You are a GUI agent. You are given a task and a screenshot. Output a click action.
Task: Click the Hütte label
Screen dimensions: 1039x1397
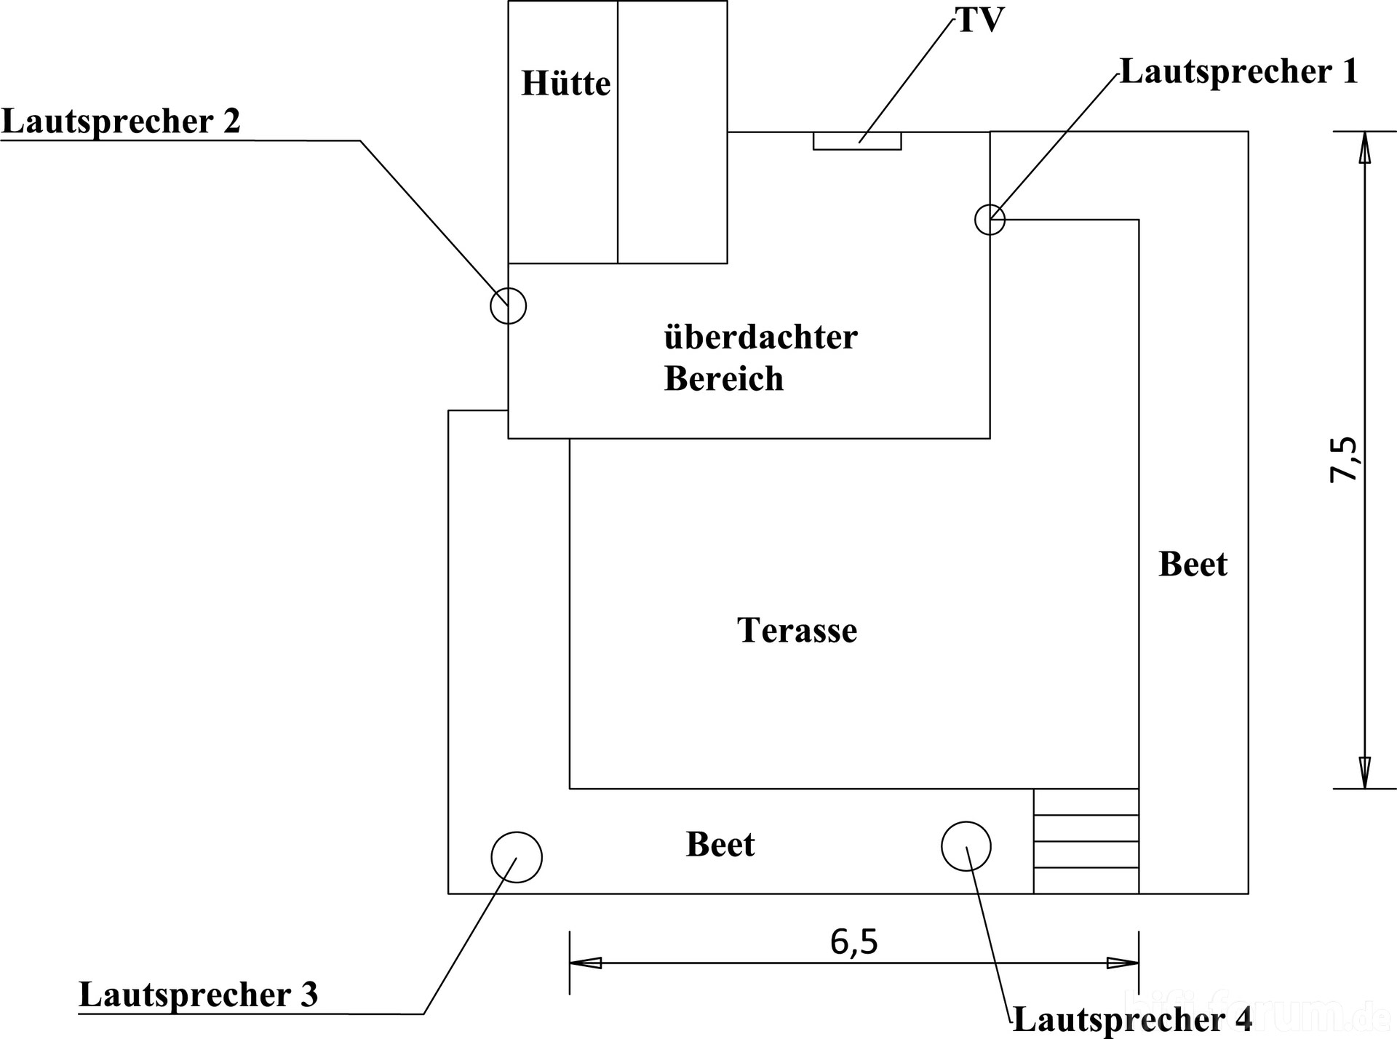pos(565,84)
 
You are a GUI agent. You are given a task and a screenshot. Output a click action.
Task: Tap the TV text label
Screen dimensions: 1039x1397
pos(979,20)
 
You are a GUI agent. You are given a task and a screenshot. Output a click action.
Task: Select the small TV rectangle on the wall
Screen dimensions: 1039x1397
pos(857,141)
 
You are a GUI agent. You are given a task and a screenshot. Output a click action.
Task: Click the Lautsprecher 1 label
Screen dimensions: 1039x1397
pos(1238,71)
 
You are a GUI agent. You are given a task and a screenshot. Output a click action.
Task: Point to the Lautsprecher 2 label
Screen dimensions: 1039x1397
pos(121,121)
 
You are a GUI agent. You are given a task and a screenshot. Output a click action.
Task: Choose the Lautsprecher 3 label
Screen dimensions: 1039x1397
pos(198,994)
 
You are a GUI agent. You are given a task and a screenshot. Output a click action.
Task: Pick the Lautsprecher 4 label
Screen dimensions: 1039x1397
pos(1132,1019)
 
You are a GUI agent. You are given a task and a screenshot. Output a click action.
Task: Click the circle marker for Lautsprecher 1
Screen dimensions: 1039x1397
pos(990,219)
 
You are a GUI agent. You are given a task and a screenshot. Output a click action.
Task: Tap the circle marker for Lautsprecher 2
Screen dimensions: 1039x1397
pos(508,306)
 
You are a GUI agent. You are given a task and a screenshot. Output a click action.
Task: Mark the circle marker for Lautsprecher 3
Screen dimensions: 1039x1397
pos(517,857)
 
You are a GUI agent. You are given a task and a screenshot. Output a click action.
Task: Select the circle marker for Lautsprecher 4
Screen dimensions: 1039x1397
pos(966,846)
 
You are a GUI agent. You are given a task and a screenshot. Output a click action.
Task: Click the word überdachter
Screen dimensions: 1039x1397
pos(760,337)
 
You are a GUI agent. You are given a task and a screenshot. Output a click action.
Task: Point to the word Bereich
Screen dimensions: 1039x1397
pos(723,378)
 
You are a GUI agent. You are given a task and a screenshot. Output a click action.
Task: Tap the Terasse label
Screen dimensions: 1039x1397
pos(797,630)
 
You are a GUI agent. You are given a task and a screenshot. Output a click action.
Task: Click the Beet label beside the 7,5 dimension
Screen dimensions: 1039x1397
pos(1193,564)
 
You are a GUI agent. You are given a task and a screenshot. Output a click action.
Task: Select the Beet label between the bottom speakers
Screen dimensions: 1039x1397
pos(720,844)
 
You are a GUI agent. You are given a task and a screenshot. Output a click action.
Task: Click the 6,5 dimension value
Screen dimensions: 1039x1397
pos(854,942)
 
